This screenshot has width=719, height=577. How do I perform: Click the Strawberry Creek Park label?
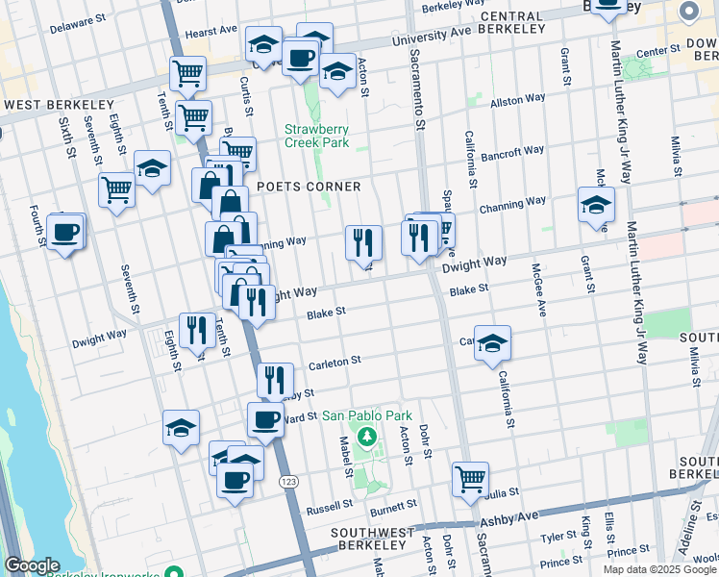316,136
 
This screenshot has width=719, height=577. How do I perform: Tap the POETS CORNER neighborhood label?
309,187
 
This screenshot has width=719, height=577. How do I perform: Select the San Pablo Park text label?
366,415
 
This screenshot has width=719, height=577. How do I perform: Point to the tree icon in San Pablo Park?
366,438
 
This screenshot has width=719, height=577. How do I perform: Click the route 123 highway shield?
286,481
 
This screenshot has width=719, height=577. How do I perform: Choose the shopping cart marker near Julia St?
471,478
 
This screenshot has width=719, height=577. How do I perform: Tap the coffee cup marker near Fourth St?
65,232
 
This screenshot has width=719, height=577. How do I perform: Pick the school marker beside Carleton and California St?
492,342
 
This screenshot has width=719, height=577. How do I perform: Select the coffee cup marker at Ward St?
266,418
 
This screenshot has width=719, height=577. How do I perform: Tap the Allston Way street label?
518,99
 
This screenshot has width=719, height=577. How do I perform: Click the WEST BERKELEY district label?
60,105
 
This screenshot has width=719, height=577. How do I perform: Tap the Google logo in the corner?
32,565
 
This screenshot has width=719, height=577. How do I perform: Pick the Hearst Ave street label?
211,31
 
